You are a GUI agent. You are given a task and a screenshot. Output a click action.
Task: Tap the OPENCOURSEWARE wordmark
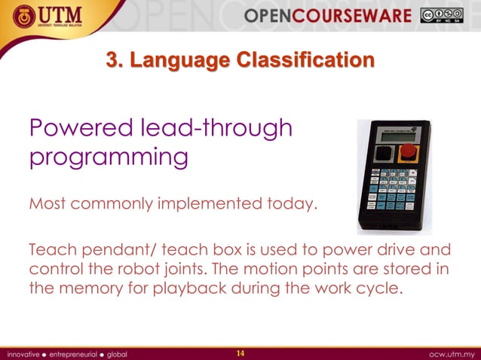click(327, 16)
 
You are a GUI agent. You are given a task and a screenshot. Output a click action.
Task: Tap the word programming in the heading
click(108, 159)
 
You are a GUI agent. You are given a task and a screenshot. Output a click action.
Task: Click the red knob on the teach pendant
click(408, 151)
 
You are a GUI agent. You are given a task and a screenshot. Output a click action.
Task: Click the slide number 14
click(240, 353)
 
